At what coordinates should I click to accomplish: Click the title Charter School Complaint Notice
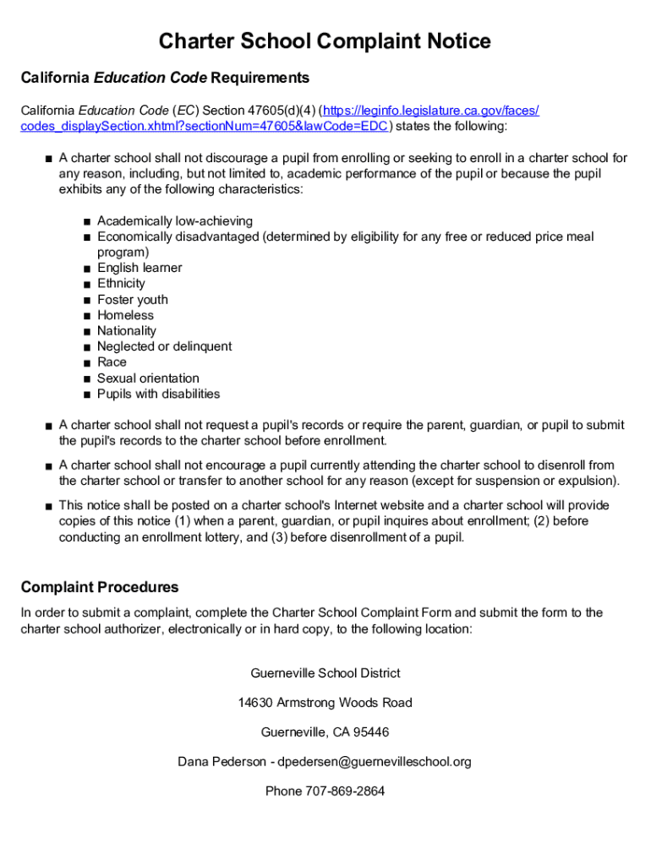pos(325,41)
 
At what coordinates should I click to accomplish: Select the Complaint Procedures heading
pos(100,587)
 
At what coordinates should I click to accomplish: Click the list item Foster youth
pos(132,299)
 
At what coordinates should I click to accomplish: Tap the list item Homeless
pos(125,315)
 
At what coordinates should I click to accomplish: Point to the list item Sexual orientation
pos(148,378)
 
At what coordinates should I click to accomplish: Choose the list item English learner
pos(139,268)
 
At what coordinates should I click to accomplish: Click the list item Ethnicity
pos(121,283)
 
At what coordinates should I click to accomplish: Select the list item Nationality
pos(127,330)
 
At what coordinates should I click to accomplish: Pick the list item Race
pos(112,362)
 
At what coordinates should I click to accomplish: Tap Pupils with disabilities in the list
pos(158,394)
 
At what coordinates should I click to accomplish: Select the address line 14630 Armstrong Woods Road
pos(325,702)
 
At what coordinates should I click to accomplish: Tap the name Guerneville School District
pos(325,673)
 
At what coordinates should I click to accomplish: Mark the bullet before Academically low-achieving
pos(87,221)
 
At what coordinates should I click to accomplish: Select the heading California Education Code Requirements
pos(165,79)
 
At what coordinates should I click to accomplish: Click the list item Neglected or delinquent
pos(164,346)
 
